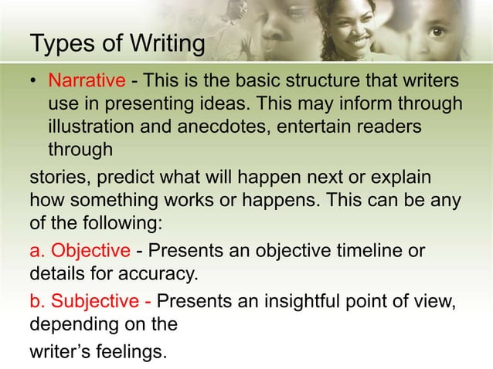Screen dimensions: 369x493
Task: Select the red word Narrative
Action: click(x=86, y=81)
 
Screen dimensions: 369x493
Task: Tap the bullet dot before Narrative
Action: click(x=35, y=81)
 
